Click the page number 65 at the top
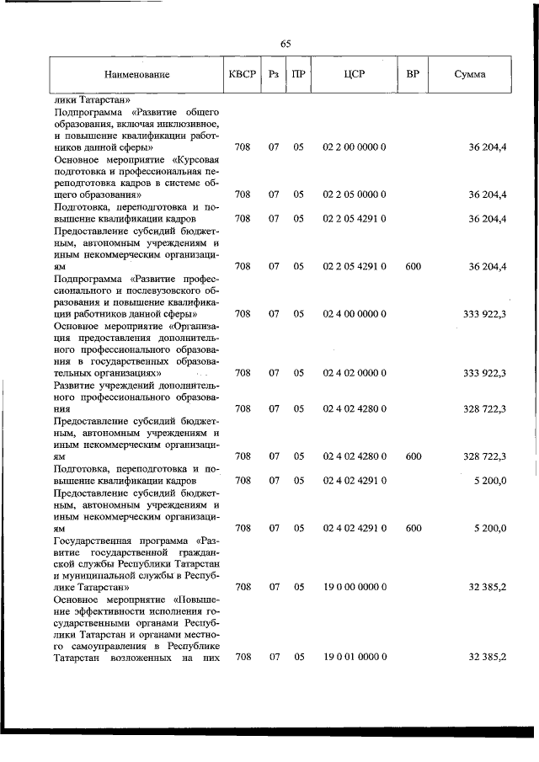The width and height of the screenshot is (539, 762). pyautogui.click(x=286, y=44)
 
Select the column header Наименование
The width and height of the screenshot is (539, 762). pyautogui.click(x=136, y=74)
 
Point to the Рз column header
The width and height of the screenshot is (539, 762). pyautogui.click(x=274, y=74)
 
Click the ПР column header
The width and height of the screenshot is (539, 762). pyautogui.click(x=298, y=74)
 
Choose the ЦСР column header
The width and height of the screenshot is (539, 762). pyautogui.click(x=354, y=74)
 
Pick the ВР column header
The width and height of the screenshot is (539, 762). pyautogui.click(x=413, y=74)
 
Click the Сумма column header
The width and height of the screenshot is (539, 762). pyautogui.click(x=469, y=74)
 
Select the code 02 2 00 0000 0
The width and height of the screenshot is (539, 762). pyautogui.click(x=354, y=147)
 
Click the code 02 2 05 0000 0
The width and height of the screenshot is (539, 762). pyautogui.click(x=354, y=194)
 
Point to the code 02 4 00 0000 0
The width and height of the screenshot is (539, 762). pyautogui.click(x=354, y=314)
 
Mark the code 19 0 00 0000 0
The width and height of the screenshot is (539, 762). pyautogui.click(x=354, y=586)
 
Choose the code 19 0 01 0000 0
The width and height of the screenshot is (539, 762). pyautogui.click(x=354, y=657)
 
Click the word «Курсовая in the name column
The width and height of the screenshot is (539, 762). pyautogui.click(x=197, y=159)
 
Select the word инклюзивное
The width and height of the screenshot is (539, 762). pyautogui.click(x=183, y=124)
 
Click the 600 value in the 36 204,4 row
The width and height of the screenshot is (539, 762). pyautogui.click(x=413, y=267)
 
